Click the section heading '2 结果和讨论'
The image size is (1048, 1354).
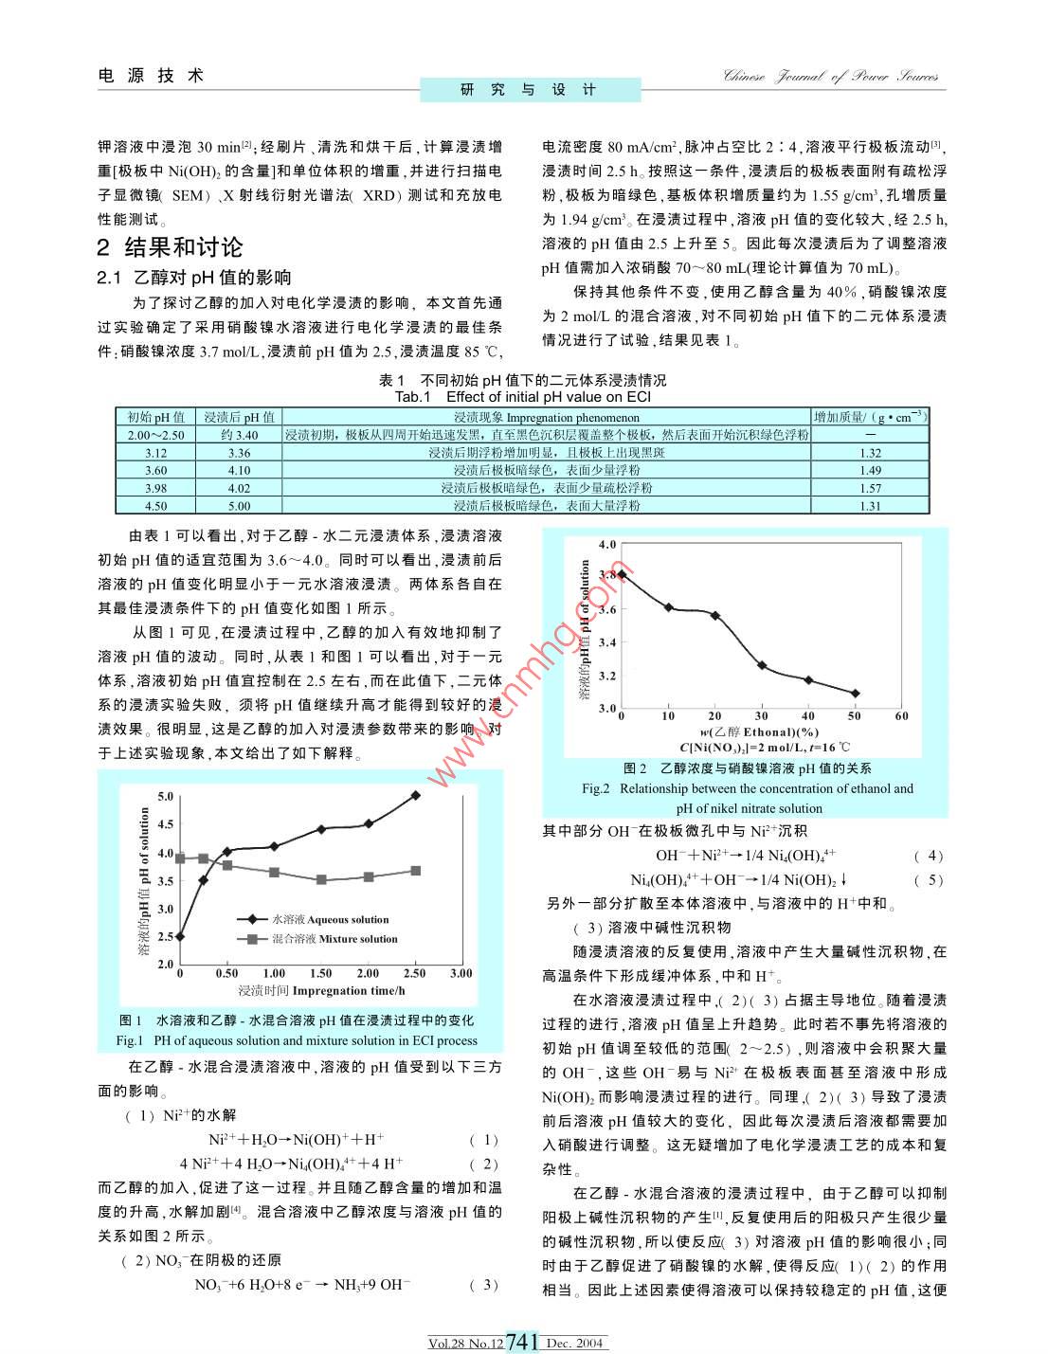coord(171,248)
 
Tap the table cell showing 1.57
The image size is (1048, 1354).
coord(870,488)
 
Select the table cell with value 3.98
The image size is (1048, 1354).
coord(155,488)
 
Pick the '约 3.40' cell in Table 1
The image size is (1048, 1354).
coord(239,435)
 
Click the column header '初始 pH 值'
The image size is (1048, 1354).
coord(155,417)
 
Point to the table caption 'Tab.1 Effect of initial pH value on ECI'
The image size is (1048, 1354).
coord(522,397)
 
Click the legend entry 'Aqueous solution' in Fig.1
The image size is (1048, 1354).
coord(330,919)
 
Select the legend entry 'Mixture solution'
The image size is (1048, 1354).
coord(334,939)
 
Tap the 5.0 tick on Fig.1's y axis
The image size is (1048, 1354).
coord(166,796)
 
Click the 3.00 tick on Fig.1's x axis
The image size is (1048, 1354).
coord(461,973)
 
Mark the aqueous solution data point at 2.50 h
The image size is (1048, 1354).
coord(415,795)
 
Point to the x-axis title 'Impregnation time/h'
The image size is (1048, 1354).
coord(322,990)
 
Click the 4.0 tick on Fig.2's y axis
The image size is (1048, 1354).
coord(607,545)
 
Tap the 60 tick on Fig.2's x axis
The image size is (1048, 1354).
coord(901,716)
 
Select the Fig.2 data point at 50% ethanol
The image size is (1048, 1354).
coord(856,694)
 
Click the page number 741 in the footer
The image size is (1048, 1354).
coord(523,1342)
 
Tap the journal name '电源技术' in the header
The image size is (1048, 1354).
coord(152,76)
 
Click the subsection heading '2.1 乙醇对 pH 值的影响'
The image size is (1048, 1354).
coord(194,278)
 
